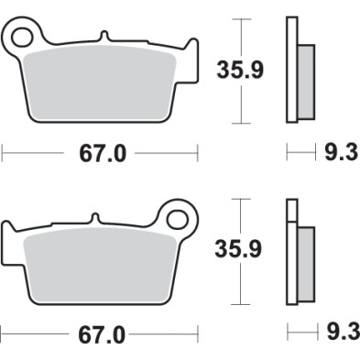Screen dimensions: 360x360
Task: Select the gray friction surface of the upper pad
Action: click(101, 87)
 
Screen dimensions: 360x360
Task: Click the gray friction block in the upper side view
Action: click(306, 77)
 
